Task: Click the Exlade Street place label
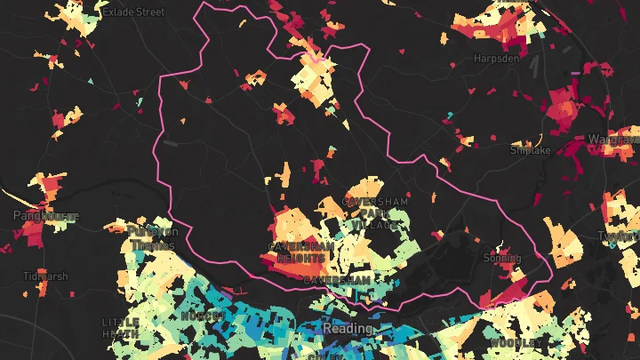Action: click(133, 12)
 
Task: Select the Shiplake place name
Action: click(531, 150)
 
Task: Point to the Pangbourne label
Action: click(46, 216)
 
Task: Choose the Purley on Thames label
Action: click(153, 239)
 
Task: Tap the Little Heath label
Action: click(120, 327)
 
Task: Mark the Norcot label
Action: click(202, 316)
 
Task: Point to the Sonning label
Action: click(502, 258)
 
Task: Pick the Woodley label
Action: click(515, 343)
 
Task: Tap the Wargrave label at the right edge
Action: click(612, 140)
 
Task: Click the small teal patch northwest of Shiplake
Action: click(450, 116)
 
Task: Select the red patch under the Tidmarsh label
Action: click(36, 293)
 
